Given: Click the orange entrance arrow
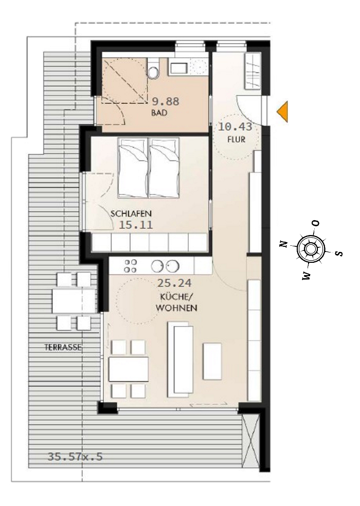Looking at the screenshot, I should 282,112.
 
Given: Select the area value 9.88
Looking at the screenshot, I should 164,102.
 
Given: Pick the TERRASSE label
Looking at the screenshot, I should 63,347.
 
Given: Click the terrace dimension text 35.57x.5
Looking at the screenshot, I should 75,456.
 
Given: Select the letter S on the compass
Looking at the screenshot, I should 338,253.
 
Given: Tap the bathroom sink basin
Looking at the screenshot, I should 179,67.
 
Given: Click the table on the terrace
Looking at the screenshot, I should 74,301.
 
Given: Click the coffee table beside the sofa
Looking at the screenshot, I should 212,361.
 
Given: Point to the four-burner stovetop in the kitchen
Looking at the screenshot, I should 131,266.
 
